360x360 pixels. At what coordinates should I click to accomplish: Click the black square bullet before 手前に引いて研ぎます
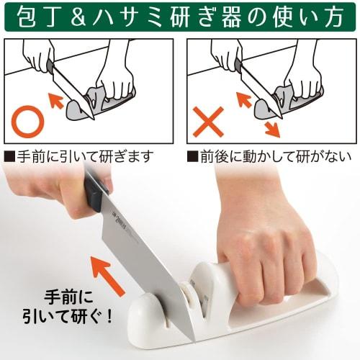9,155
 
